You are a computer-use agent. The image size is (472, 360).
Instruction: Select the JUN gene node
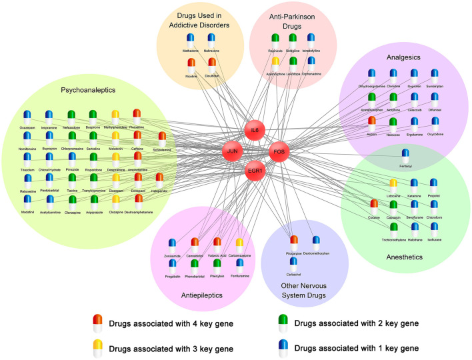click(233, 152)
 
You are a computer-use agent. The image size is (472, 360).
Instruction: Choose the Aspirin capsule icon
click(372, 123)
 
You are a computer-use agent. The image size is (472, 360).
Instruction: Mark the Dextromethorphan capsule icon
click(317, 240)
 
